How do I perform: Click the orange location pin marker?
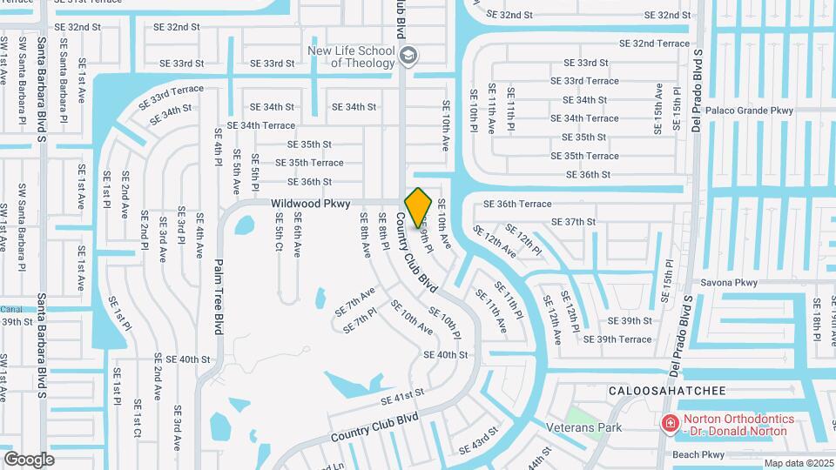(419, 207)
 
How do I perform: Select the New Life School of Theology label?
(351, 57)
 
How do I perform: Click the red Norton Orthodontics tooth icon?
(670, 424)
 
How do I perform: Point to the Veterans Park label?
(583, 427)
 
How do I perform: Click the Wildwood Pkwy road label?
(310, 204)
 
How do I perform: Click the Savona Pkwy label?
(728, 283)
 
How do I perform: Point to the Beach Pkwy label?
(698, 454)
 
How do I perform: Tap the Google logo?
(29, 459)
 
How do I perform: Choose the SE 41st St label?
(401, 396)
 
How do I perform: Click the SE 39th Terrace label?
(617, 339)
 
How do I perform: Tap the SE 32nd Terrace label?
(654, 44)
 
